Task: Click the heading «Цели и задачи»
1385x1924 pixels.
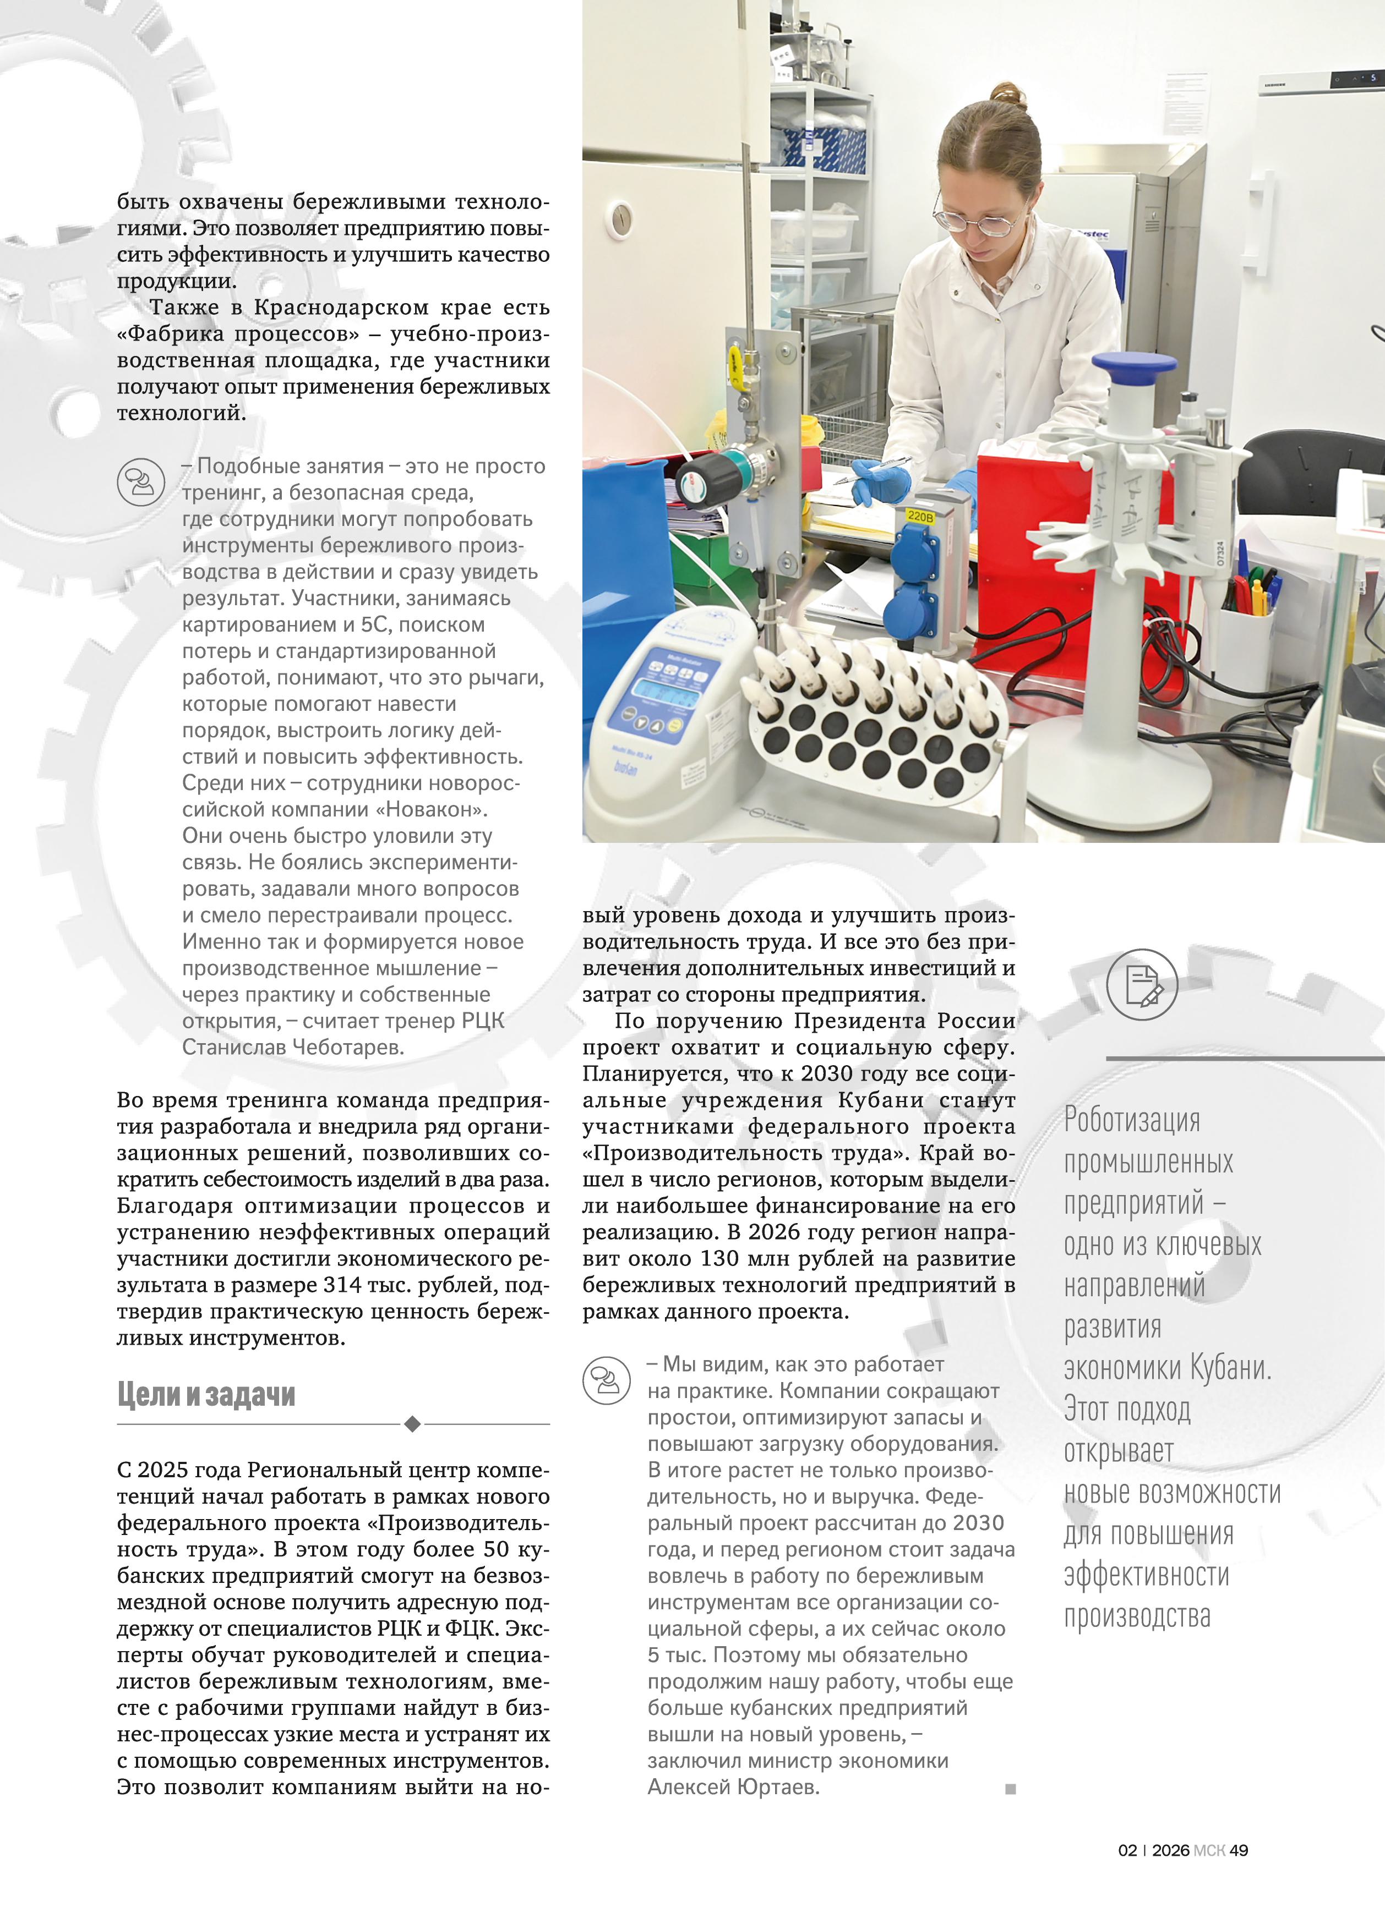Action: [206, 1395]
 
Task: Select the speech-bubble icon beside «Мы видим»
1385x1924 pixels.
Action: [606, 1380]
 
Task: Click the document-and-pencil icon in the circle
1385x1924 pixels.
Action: [1142, 985]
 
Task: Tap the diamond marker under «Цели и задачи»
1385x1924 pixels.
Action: [412, 1423]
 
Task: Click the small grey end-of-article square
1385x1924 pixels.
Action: [1010, 1789]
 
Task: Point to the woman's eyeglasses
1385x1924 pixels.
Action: [976, 221]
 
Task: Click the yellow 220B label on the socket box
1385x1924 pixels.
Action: [920, 516]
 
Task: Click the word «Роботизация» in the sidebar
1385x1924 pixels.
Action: [1132, 1121]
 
